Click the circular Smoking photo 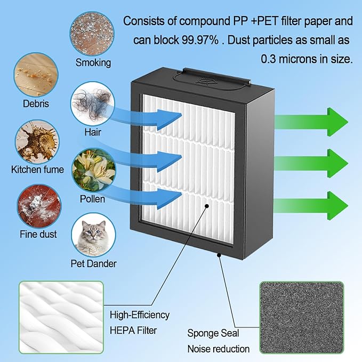(92, 34)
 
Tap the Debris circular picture (36, 75)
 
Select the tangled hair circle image (93, 103)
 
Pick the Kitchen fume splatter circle (37, 142)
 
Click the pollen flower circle (94, 171)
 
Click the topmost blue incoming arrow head (170, 119)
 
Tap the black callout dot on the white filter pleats (207, 206)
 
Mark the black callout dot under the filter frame (219, 255)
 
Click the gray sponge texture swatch (302, 317)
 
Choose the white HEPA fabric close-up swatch (61, 317)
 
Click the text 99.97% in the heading (200, 40)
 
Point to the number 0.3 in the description (269, 59)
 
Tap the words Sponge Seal (213, 333)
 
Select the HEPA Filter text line (133, 331)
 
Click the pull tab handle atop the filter (212, 78)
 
